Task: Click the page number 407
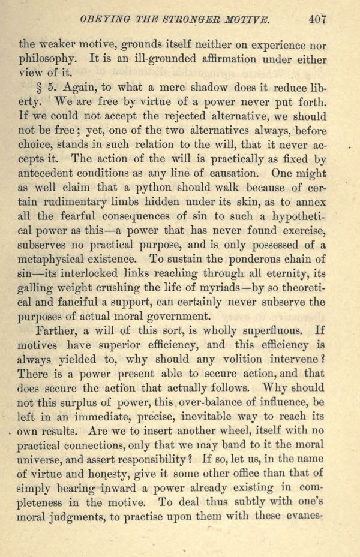317,18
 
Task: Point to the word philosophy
49,59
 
